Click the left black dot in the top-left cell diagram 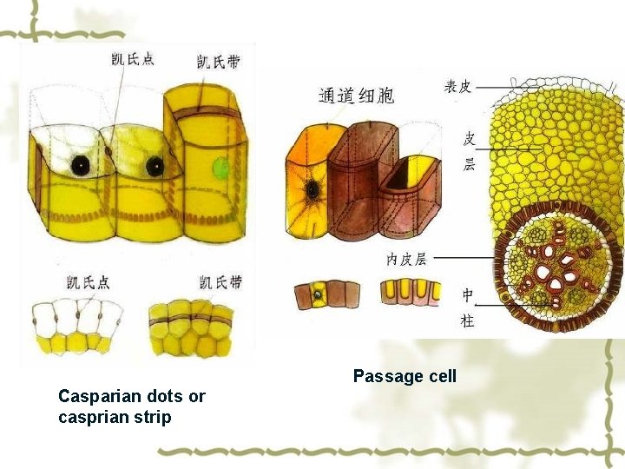[80, 163]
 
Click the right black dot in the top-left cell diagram [155, 166]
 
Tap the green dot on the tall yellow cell [221, 167]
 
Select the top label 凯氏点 [134, 59]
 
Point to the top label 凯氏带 [219, 61]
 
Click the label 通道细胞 [356, 95]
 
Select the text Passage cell [404, 376]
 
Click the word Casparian [94, 397]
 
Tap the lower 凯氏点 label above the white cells [88, 282]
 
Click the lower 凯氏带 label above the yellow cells [220, 282]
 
